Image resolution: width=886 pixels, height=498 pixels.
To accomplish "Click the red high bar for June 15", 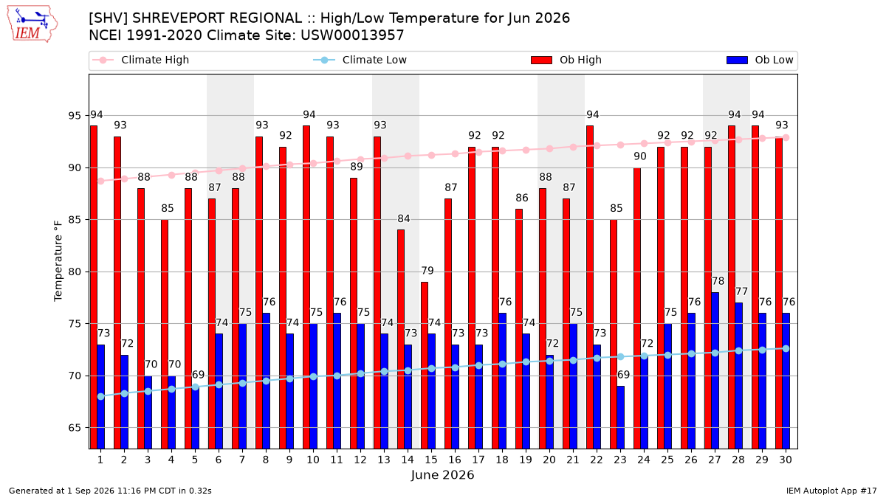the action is (x=425, y=366).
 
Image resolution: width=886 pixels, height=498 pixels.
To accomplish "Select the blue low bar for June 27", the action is (x=715, y=370).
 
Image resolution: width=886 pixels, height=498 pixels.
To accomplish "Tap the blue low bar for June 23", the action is (x=621, y=418).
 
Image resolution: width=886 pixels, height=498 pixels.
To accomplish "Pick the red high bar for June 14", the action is (x=401, y=339).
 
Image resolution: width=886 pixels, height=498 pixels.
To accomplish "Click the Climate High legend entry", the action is (x=140, y=60).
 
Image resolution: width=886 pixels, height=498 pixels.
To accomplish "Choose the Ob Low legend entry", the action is (x=760, y=60).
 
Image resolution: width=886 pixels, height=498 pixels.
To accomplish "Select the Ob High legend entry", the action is (x=566, y=60).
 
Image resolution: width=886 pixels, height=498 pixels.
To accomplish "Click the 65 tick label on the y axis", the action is (x=75, y=428).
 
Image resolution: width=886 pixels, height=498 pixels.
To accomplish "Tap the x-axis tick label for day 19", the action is (x=526, y=460).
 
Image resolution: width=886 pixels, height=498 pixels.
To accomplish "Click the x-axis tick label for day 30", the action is (x=786, y=460).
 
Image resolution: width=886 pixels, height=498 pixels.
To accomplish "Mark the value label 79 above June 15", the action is (x=427, y=271).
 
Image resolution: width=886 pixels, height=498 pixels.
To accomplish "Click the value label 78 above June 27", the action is (x=718, y=281).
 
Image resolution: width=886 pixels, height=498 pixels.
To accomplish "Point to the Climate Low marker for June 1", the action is (x=101, y=396).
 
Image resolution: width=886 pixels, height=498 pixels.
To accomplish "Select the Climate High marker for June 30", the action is (x=786, y=137).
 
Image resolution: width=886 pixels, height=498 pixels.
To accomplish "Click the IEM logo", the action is (x=32, y=24).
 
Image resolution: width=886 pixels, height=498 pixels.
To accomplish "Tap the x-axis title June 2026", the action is (x=442, y=475).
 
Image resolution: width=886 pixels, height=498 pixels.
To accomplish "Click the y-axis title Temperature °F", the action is (x=58, y=261).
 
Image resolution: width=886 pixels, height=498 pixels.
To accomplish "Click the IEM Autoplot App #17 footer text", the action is (x=831, y=491).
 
